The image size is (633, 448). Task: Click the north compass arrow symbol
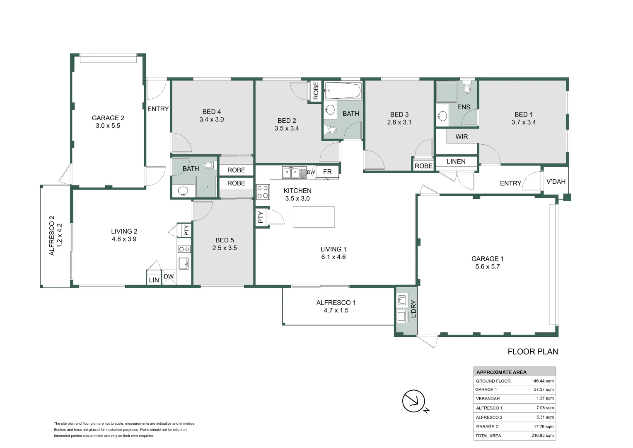coord(413,401)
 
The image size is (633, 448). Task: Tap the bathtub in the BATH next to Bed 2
coord(343,90)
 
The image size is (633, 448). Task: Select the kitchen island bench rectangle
coord(314,217)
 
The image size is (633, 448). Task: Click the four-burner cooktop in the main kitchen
coord(263,192)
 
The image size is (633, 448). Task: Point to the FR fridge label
coord(327,171)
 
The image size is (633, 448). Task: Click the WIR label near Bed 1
coord(461,137)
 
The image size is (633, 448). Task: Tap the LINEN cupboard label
coord(456,162)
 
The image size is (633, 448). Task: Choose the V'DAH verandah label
coord(556,181)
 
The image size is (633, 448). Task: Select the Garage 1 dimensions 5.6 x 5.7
coord(488,266)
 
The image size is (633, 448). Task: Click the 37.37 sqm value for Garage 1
coord(544,390)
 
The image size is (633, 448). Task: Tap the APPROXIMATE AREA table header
coord(501,372)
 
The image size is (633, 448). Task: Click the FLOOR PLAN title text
coord(533,351)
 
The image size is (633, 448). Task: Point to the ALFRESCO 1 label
coord(336,302)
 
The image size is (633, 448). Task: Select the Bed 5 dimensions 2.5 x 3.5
coord(225,248)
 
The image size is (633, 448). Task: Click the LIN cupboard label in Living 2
coord(154,280)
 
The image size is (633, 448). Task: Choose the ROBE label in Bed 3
coord(423,166)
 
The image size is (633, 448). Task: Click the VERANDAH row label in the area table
coord(488,399)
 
